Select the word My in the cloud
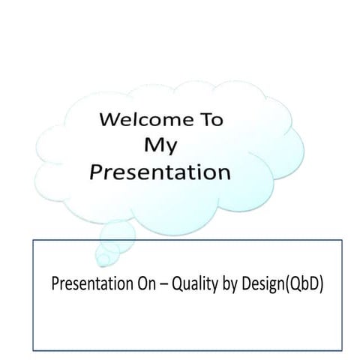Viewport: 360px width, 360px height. pyautogui.click(x=162, y=145)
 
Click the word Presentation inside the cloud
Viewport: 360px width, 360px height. pyautogui.click(x=159, y=173)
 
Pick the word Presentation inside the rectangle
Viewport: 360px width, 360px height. pyautogui.click(x=88, y=285)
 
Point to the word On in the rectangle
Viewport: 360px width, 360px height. pyautogui.click(x=142, y=285)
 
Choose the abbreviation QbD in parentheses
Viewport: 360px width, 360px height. pyautogui.click(x=301, y=286)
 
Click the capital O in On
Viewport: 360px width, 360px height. pyautogui.click(x=139, y=285)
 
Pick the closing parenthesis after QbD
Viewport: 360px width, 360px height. pyautogui.click(x=320, y=286)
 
